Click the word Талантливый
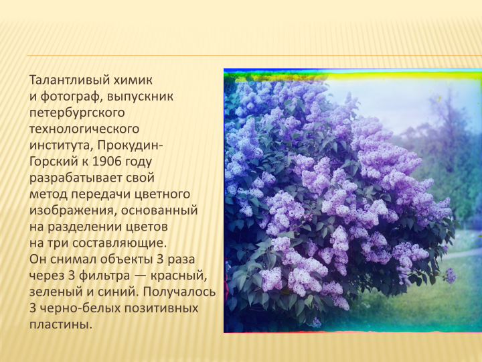point(70,80)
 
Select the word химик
point(133,80)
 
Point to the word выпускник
point(140,97)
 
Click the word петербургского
point(77,113)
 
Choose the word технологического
point(84,129)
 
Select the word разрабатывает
point(76,178)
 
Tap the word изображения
point(72,210)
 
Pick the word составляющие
point(120,243)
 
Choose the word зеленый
point(56,292)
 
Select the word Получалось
point(179,292)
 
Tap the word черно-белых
point(79,308)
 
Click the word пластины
point(61,324)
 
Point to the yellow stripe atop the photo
point(353,76)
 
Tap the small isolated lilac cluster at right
point(450,276)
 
